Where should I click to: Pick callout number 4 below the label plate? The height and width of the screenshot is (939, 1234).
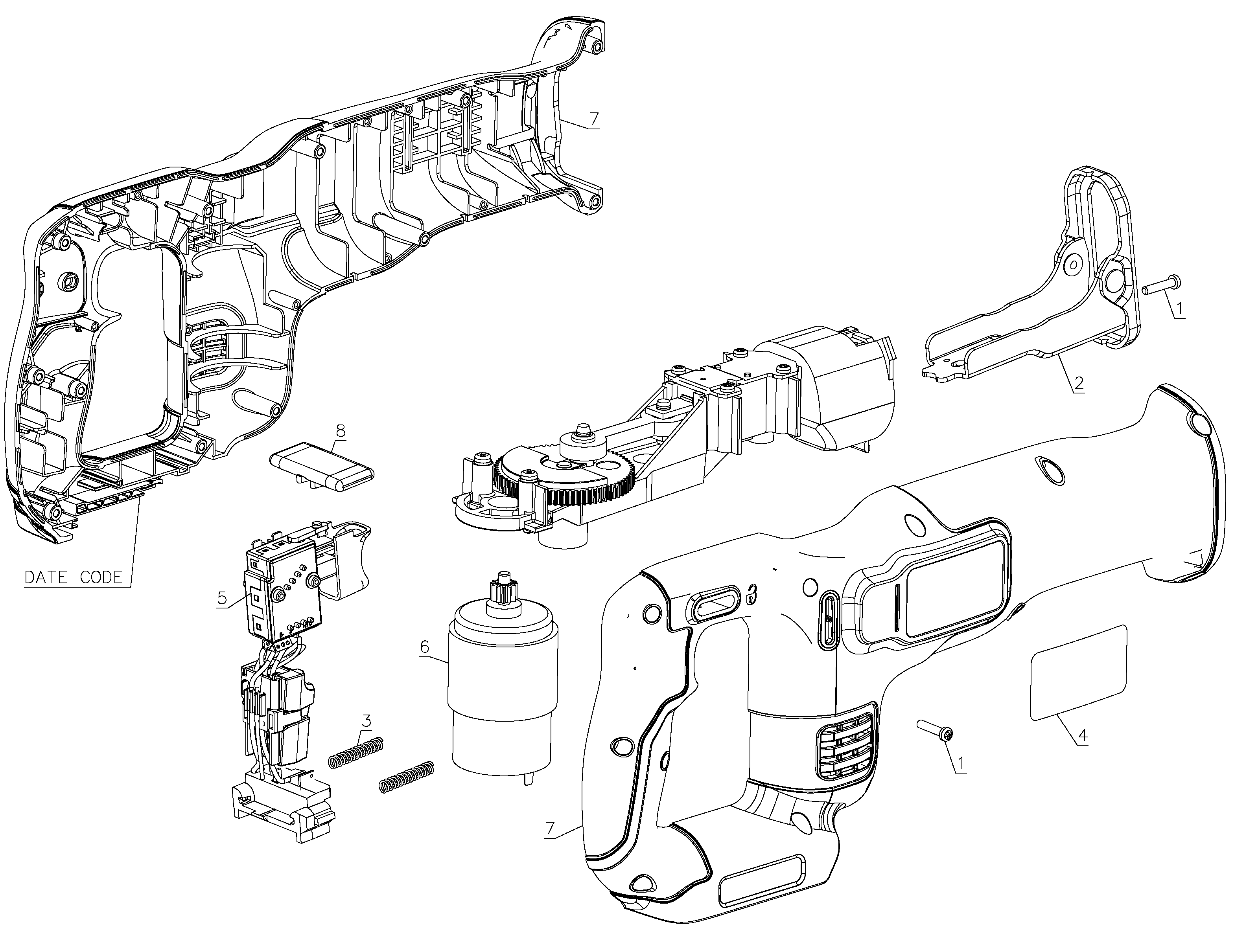click(1083, 736)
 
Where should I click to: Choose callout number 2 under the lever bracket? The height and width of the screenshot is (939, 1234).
click(1079, 384)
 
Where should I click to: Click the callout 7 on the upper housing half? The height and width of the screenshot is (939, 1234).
click(594, 118)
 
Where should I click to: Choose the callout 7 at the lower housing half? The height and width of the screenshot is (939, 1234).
click(550, 828)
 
